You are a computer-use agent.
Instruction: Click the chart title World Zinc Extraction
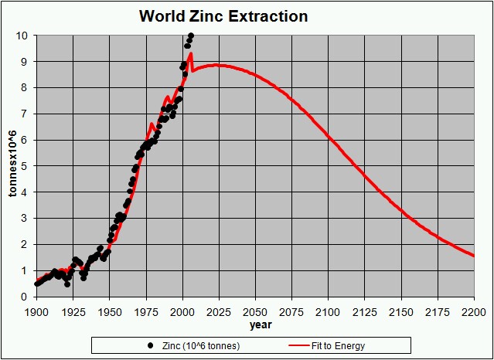[223, 16]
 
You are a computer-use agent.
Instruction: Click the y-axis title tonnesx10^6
[12, 165]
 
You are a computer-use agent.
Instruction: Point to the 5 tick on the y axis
[26, 166]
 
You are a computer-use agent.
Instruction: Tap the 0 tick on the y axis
[26, 297]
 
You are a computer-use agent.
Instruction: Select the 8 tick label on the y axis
[26, 88]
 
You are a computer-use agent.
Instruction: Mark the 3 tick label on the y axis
[26, 219]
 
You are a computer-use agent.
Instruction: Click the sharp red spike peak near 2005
[190, 53]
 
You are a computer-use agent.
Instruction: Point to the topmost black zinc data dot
[191, 36]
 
